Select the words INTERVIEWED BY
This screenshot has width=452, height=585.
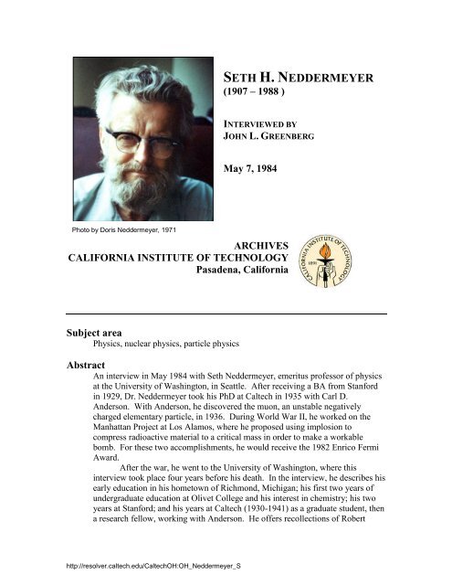[x=258, y=122]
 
